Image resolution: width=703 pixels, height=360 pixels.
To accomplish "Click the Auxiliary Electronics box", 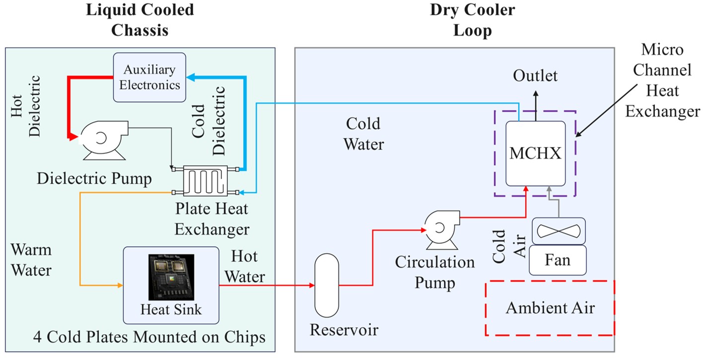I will coord(149,77).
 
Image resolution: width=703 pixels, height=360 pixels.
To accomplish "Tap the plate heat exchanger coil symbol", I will coord(205,180).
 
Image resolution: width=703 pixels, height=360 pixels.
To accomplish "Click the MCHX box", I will coord(535,153).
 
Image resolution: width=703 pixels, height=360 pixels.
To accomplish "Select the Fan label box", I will coord(557,260).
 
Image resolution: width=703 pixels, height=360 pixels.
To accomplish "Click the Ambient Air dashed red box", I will coord(550,308).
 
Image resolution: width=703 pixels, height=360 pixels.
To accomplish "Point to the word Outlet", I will coord(535,76).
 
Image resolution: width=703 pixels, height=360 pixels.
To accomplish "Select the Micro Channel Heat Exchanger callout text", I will coord(662,80).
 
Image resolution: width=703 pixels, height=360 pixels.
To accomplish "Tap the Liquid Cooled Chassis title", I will coord(140,20).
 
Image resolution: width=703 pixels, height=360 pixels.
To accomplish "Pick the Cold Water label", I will coord(364,134).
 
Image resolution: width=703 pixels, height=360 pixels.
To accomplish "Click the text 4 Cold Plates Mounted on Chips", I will coord(149,337).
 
